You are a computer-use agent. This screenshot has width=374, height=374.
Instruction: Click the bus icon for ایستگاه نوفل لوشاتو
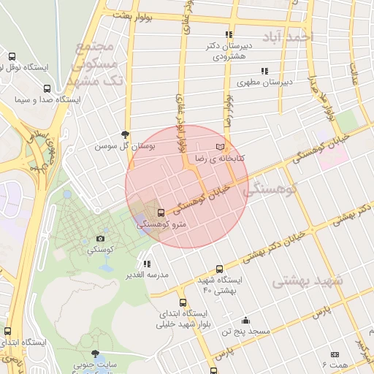[x=12, y=56]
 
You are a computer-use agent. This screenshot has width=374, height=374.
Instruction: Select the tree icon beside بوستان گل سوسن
[x=126, y=134]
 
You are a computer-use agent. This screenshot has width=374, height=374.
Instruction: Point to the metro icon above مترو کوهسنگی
[x=161, y=213]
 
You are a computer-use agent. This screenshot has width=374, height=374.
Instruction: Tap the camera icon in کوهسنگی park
[x=100, y=238]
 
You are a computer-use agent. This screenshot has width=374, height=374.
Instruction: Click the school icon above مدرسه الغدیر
[x=148, y=264]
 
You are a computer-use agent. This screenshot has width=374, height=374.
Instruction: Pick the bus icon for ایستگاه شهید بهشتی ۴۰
[x=218, y=269]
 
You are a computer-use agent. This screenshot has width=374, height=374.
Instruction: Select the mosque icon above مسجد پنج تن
[x=246, y=320]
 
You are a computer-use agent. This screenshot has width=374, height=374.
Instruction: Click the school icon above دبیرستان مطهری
[x=264, y=71]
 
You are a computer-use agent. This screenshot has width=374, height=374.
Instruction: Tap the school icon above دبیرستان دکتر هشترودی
[x=229, y=34]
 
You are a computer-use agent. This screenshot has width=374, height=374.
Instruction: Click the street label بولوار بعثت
[x=131, y=15]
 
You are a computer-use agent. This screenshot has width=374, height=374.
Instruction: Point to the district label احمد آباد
[x=290, y=35]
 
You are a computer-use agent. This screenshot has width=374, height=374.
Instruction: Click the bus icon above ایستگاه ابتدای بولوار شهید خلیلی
[x=183, y=302]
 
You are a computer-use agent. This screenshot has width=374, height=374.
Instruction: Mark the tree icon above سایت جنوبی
[x=93, y=354]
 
